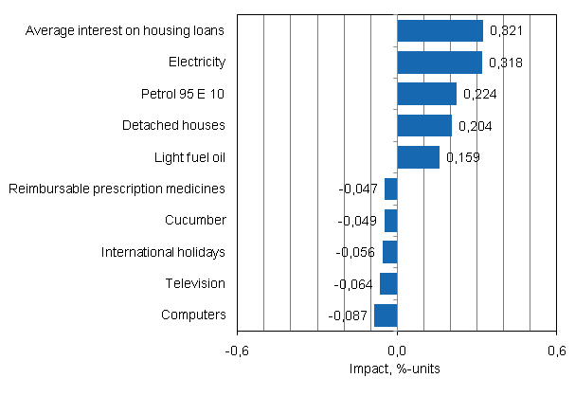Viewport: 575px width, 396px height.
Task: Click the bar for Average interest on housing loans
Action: pyautogui.click(x=440, y=30)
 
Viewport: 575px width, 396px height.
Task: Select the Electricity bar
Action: pyautogui.click(x=440, y=63)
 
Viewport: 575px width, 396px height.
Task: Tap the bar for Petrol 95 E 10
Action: pyautogui.click(x=426, y=94)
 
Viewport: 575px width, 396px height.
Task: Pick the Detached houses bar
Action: pyautogui.click(x=424, y=125)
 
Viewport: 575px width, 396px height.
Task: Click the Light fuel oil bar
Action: pyautogui.click(x=418, y=157)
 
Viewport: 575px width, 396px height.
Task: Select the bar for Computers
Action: pyautogui.click(x=386, y=315)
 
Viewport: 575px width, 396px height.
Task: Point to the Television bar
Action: pyautogui.click(x=388, y=283)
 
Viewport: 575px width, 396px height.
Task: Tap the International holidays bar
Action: pyautogui.click(x=389, y=252)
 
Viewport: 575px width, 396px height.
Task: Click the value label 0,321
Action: pyautogui.click(x=506, y=31)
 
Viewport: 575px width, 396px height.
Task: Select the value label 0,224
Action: pyautogui.click(x=478, y=95)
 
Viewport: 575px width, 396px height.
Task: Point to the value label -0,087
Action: pyautogui.click(x=348, y=315)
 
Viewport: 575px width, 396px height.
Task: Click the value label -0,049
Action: pyautogui.click(x=358, y=221)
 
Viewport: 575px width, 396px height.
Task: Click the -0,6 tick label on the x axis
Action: pyautogui.click(x=237, y=351)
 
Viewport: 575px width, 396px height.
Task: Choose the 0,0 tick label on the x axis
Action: pyautogui.click(x=397, y=351)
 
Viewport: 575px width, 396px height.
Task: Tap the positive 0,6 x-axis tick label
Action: pyautogui.click(x=557, y=351)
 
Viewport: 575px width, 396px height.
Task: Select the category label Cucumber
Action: pyautogui.click(x=194, y=220)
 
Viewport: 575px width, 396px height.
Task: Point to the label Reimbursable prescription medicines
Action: pyautogui.click(x=117, y=189)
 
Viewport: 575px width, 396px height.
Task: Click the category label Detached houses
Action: pyautogui.click(x=173, y=125)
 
